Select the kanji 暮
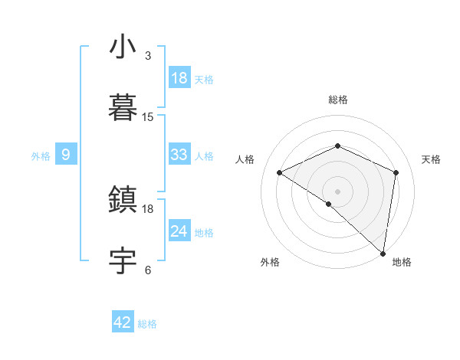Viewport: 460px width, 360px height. coord(123,108)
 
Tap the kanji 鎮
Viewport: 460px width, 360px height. coord(123,200)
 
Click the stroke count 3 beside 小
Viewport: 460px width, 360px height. coord(148,56)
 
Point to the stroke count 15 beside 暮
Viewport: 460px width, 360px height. coord(148,117)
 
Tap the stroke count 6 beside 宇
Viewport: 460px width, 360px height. coord(148,270)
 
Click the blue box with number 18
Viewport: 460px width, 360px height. coord(179,78)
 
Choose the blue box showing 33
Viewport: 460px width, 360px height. coord(179,155)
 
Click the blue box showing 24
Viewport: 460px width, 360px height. coord(179,231)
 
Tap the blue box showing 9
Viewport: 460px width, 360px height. coord(66,155)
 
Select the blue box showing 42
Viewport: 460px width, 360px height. coord(123,322)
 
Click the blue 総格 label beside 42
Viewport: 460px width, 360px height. coord(147,324)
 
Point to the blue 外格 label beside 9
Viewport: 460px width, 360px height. coord(41,156)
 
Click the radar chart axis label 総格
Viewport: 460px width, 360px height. coord(338,100)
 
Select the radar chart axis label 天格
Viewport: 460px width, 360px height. coord(431,159)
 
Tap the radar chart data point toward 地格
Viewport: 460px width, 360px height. coord(383,253)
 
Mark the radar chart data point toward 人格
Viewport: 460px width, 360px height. coord(280,173)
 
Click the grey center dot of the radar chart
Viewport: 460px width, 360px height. coord(338,191)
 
